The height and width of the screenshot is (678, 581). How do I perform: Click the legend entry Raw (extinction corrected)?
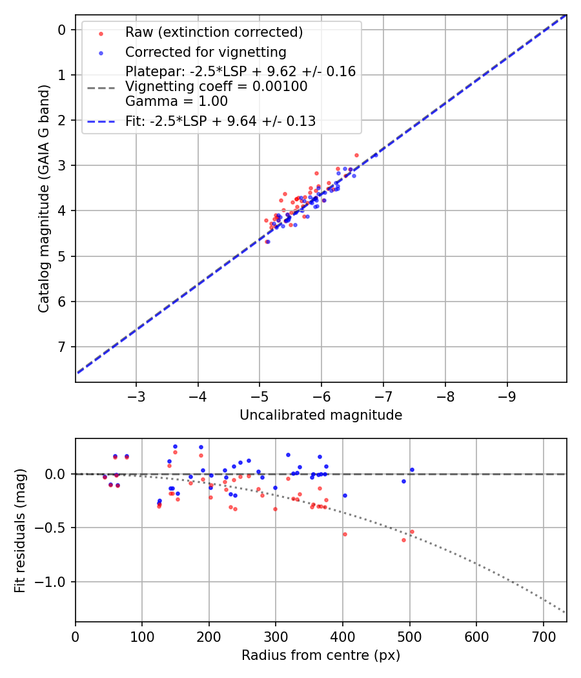[x=214, y=32]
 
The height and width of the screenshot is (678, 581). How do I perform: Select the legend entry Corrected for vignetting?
[x=206, y=52]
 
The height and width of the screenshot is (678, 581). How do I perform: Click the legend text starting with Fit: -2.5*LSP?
[x=220, y=121]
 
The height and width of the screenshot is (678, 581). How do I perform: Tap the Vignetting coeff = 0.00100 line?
[x=216, y=87]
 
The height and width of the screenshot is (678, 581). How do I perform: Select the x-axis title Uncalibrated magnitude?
[x=321, y=415]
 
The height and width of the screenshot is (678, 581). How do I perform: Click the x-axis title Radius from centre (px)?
[x=321, y=655]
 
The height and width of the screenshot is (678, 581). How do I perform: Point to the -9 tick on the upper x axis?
[x=507, y=394]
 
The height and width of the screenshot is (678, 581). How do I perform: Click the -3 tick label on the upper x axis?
[x=136, y=394]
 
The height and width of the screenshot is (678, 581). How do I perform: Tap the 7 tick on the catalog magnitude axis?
[x=62, y=347]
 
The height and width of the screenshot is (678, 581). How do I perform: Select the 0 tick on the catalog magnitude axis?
[x=62, y=30]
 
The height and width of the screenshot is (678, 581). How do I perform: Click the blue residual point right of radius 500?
[x=412, y=469]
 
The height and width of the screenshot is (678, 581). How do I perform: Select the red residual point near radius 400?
[x=345, y=534]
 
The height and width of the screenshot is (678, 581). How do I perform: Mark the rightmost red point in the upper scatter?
[x=356, y=155]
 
